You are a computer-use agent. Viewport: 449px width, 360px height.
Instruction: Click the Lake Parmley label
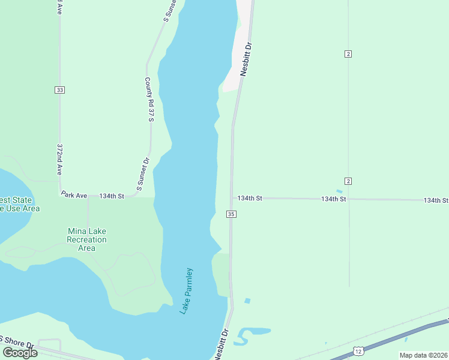pyautogui.click(x=188, y=291)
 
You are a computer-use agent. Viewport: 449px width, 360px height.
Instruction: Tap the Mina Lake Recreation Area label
pyautogui.click(x=87, y=239)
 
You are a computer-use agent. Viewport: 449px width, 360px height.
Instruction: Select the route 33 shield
pyautogui.click(x=59, y=90)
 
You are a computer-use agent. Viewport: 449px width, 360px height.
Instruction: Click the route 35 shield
pyautogui.click(x=231, y=214)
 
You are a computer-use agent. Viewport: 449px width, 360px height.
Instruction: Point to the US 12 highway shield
pyautogui.click(x=358, y=350)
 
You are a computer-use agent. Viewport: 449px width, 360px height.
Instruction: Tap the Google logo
pyautogui.click(x=20, y=353)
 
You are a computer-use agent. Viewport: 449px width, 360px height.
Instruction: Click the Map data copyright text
pyautogui.click(x=424, y=355)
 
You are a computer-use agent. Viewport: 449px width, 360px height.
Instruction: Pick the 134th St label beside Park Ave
pyautogui.click(x=112, y=196)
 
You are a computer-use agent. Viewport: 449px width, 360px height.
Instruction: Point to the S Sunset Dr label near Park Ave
pyautogui.click(x=142, y=175)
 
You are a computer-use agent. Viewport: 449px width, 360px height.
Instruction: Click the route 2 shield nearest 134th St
pyautogui.click(x=348, y=181)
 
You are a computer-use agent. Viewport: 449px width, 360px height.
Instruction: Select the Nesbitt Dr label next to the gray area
pyautogui.click(x=245, y=58)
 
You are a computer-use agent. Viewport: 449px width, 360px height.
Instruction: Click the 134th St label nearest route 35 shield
pyautogui.click(x=250, y=198)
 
